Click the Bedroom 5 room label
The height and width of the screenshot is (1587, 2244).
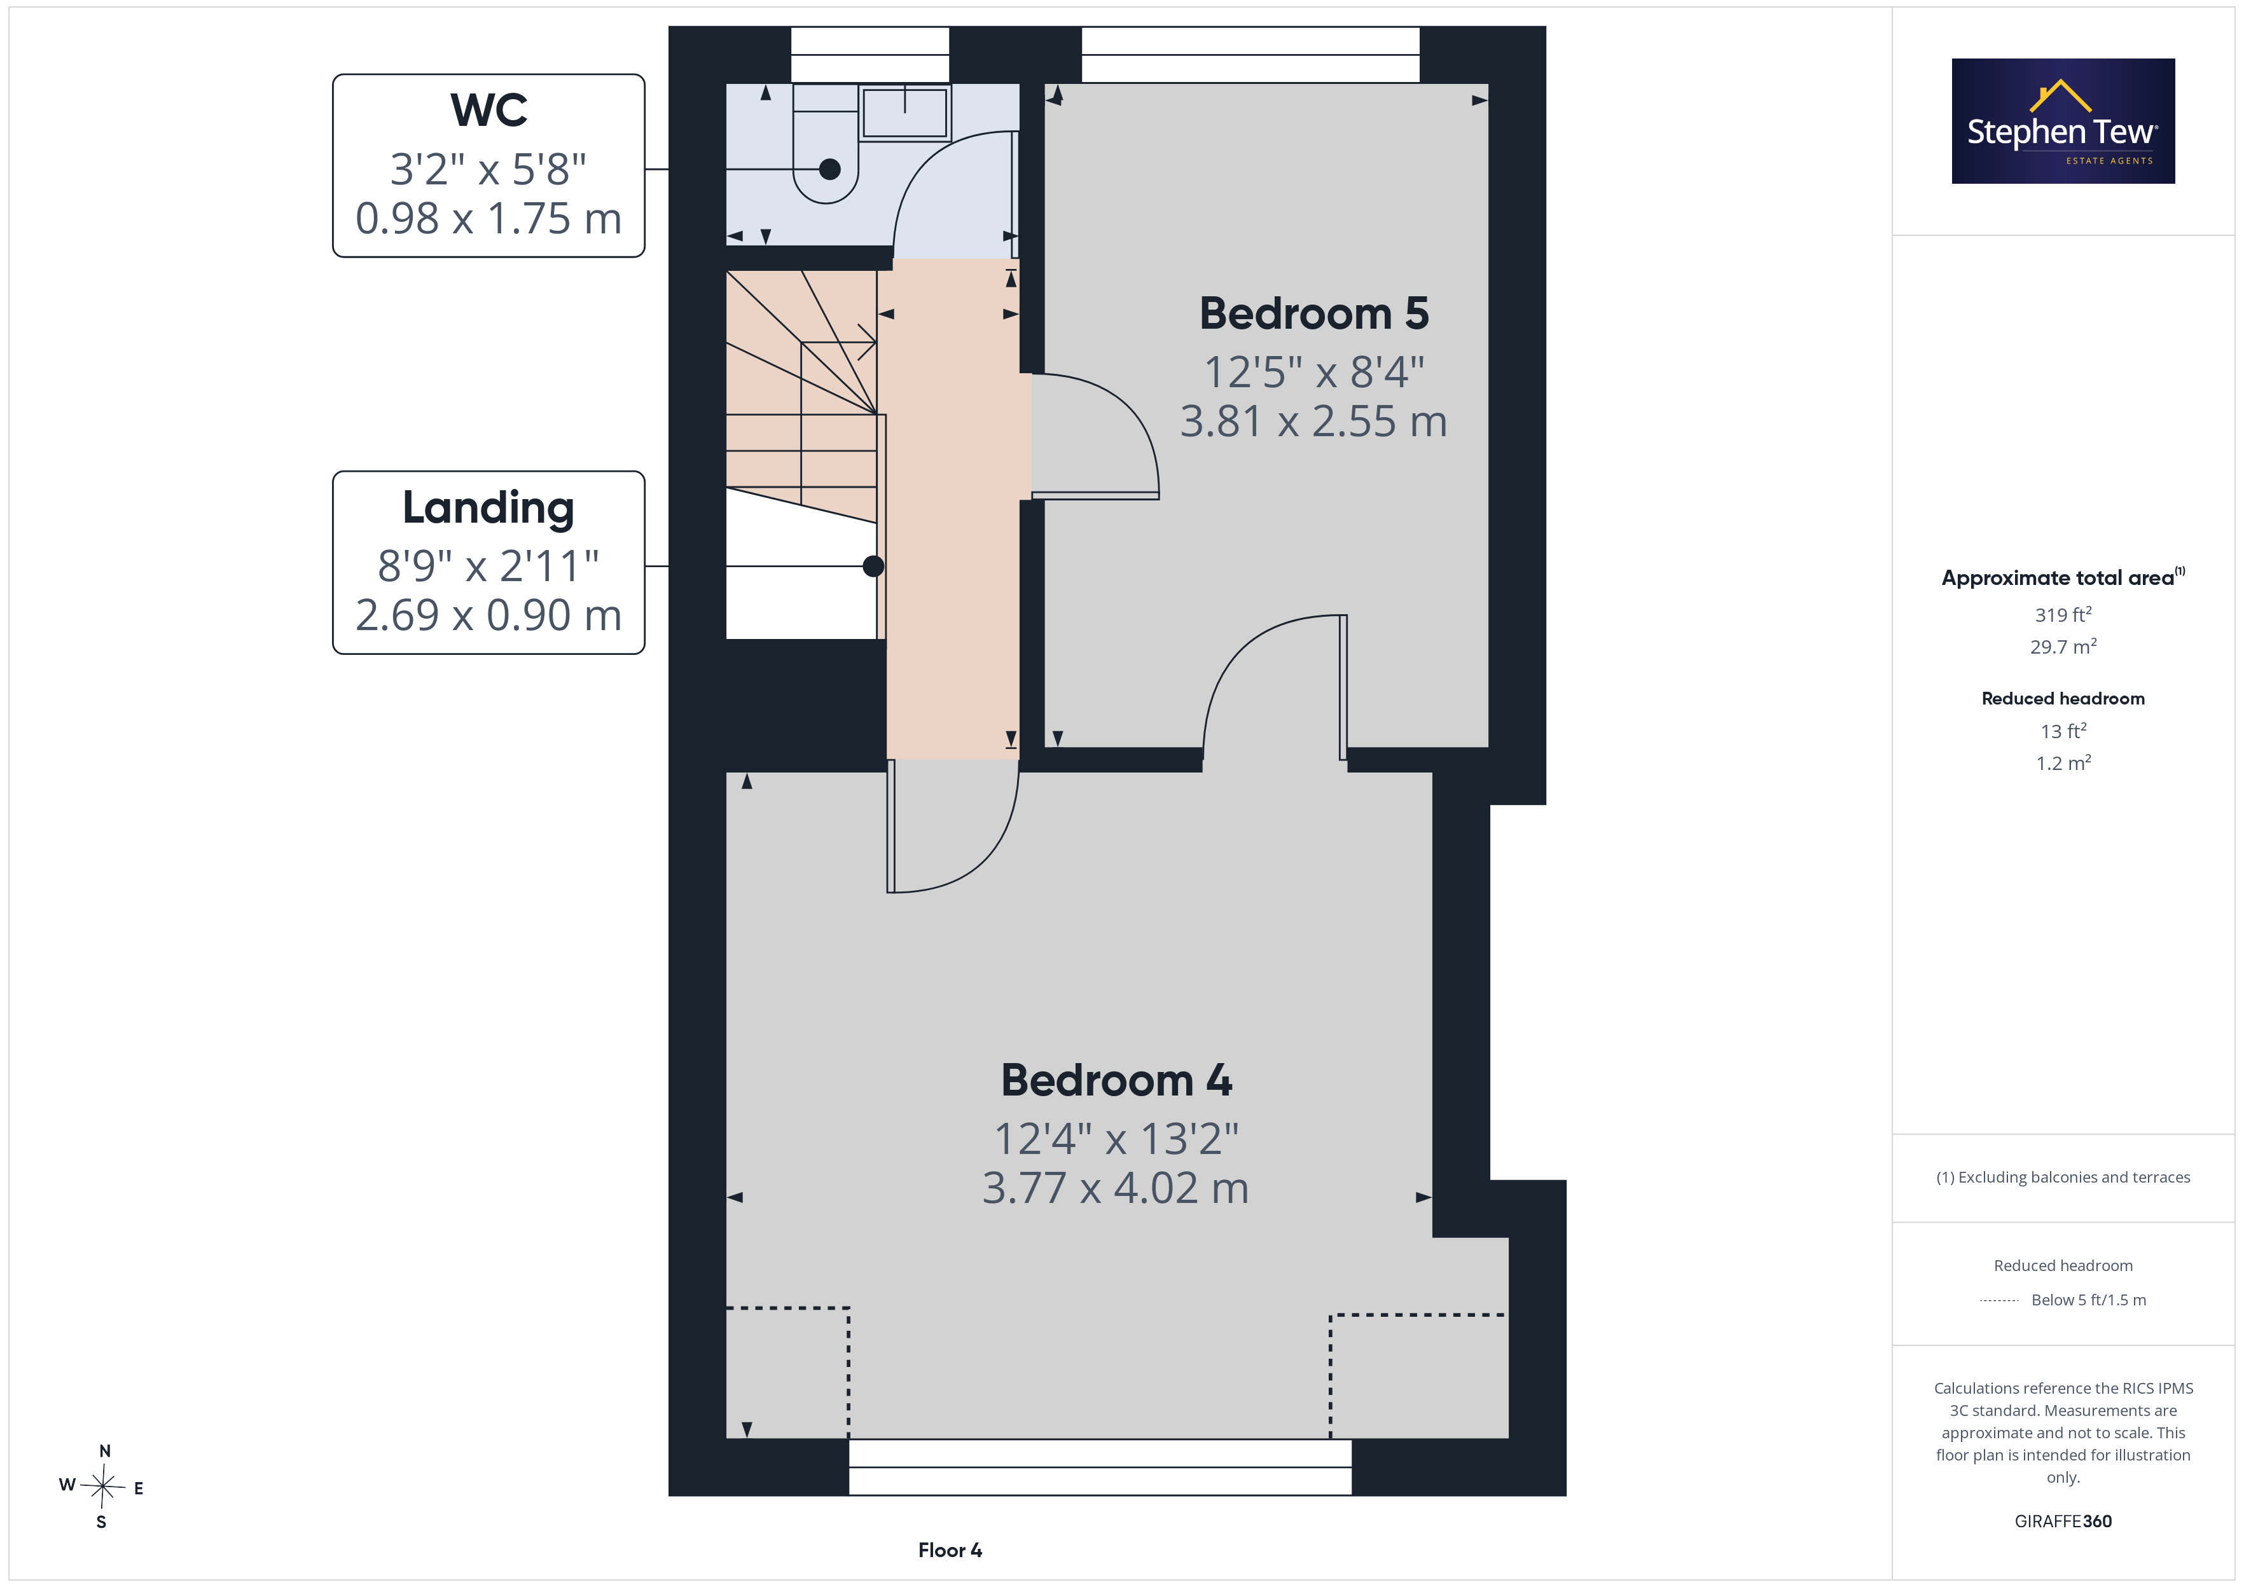[1313, 313]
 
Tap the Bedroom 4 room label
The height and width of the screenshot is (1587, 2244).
[1116, 1081]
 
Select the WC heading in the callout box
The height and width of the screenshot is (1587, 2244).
[488, 111]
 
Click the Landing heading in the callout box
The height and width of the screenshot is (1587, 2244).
[488, 508]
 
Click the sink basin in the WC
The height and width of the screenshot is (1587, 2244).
[905, 113]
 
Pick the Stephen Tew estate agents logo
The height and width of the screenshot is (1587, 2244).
[2063, 121]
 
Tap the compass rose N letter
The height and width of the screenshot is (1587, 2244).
[104, 1451]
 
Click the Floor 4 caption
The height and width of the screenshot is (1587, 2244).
[950, 1550]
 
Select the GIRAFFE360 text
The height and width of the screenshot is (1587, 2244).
[2063, 1522]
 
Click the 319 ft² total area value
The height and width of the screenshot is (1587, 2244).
[2063, 615]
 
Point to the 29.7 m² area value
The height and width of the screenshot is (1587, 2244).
[2063, 647]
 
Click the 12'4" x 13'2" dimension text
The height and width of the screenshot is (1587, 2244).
[1116, 1139]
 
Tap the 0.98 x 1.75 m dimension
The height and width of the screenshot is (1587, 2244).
[488, 219]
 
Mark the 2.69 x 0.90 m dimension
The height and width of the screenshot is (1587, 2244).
[488, 615]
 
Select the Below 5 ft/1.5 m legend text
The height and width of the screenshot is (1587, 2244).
[2089, 1300]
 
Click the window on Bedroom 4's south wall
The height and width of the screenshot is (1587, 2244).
[1100, 1467]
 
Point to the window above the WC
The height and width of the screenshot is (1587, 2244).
[870, 55]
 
